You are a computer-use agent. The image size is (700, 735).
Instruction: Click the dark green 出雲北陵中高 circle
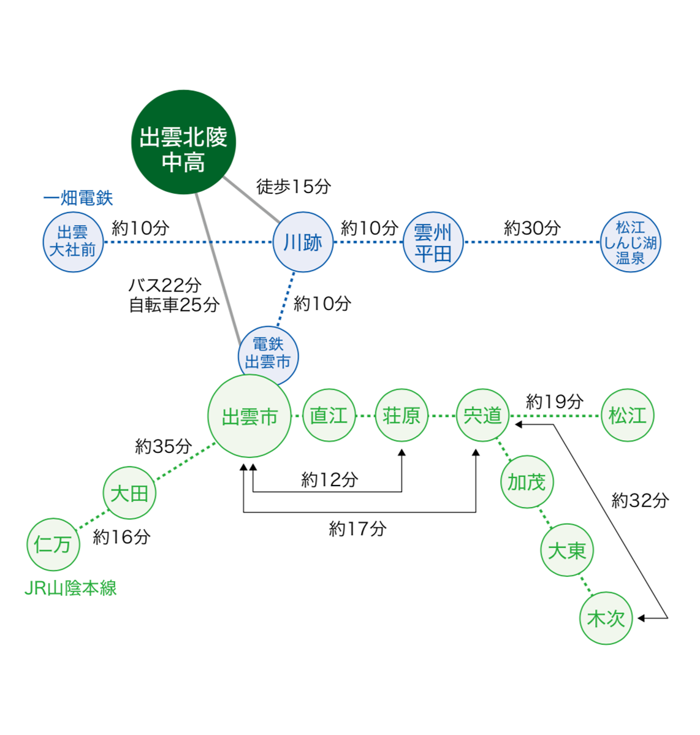coord(184,142)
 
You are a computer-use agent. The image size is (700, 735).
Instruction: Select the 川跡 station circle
coord(303,242)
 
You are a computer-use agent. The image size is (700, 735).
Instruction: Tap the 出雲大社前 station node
coord(73,242)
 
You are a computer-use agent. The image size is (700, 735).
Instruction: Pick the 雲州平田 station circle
coord(433,242)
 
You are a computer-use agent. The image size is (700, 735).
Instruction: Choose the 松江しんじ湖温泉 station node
coord(630,242)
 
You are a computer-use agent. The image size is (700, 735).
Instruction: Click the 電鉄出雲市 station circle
coord(268,355)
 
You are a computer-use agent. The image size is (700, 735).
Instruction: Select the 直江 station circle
coord(329,416)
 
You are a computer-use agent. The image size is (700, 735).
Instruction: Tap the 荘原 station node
coord(401,416)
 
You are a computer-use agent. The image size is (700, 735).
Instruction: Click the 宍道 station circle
coord(483,416)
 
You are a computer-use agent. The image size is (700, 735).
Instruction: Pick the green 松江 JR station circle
coord(628,416)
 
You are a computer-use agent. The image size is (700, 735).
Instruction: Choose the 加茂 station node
coord(527,482)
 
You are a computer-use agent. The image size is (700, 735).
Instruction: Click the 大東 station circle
coord(567,550)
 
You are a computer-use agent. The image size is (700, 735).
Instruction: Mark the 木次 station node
coord(606,618)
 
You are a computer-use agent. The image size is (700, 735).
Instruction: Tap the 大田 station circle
coord(129,493)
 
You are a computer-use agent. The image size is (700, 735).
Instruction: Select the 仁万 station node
coord(53,544)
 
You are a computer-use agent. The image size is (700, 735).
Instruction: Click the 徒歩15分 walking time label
coord(293,186)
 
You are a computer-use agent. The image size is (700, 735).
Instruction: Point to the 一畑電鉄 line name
coord(78,198)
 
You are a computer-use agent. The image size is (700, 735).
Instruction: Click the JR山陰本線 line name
coord(70,588)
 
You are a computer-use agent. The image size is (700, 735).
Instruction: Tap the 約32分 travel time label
coord(640,501)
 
